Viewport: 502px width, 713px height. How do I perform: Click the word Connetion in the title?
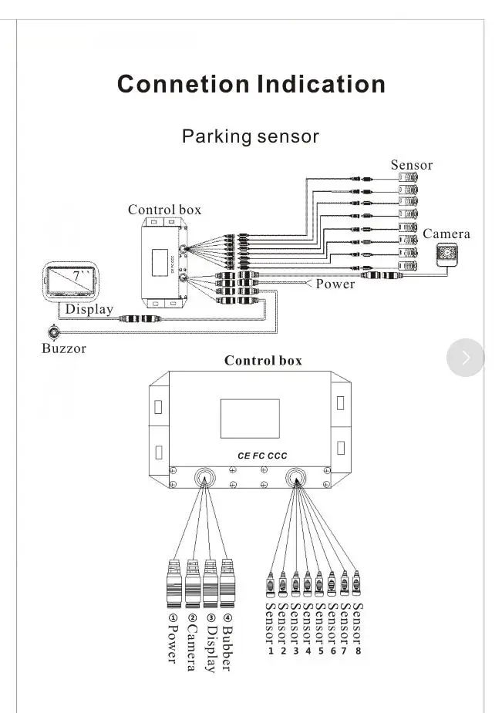(x=183, y=84)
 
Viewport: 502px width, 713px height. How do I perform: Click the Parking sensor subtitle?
(x=251, y=136)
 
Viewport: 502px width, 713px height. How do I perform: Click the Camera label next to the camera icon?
(x=446, y=234)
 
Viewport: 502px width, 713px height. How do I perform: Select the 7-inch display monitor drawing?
(x=70, y=281)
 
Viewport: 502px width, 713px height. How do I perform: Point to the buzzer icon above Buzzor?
(x=54, y=332)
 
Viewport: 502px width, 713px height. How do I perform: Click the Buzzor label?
(x=64, y=348)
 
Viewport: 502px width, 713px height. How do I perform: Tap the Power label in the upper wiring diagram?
(x=335, y=284)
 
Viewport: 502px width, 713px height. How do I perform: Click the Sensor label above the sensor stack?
(x=412, y=165)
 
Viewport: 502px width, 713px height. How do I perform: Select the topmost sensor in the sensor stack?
(x=408, y=177)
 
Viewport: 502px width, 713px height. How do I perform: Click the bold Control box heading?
(x=263, y=361)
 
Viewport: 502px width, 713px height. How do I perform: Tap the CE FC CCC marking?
(x=262, y=456)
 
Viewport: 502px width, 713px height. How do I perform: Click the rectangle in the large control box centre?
(x=250, y=419)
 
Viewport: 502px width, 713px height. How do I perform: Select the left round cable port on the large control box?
(x=204, y=478)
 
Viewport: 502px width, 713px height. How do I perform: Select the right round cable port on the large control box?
(x=295, y=478)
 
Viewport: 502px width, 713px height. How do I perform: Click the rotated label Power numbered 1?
(x=173, y=637)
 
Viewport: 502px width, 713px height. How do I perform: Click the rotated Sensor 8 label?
(x=358, y=629)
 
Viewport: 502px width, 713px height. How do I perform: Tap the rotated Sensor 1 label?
(x=270, y=629)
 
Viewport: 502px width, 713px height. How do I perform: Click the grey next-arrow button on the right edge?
(x=466, y=358)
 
